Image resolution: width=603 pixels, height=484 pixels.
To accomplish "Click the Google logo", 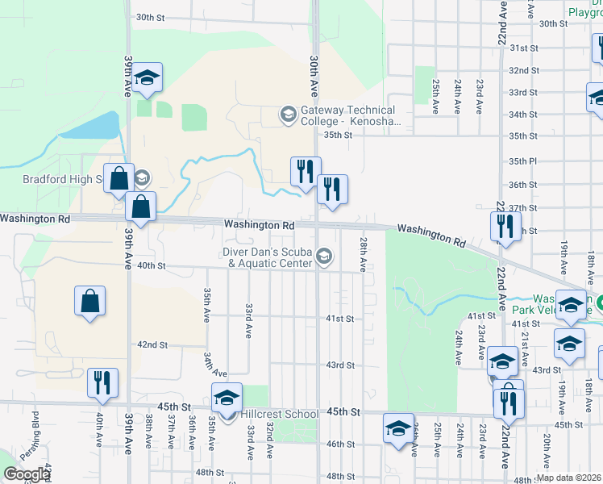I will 27,474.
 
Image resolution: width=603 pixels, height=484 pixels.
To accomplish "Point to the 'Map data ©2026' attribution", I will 568,478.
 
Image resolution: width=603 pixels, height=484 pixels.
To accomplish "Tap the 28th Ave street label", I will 364,254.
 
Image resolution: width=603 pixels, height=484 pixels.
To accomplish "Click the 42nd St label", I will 152,344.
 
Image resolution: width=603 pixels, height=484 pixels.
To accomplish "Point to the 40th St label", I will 151,265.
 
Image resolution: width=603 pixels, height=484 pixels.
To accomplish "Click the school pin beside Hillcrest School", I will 227,398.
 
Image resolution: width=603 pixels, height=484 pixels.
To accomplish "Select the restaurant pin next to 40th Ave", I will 102,383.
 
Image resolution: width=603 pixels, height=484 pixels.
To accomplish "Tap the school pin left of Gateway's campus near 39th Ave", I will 147,78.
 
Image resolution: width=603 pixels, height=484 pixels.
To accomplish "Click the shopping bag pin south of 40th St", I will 89,302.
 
